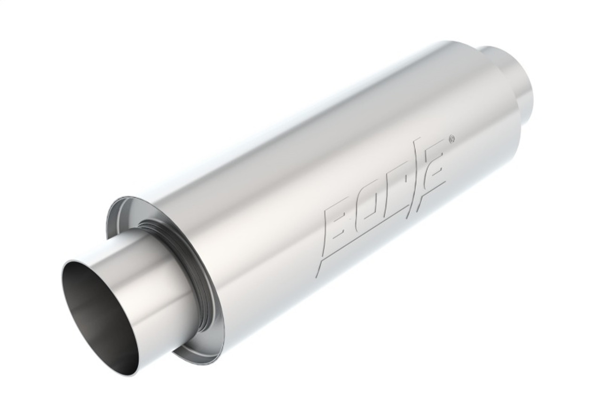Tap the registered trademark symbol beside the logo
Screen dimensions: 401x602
click(451, 139)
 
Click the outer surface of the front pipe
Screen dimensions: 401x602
click(141, 263)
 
